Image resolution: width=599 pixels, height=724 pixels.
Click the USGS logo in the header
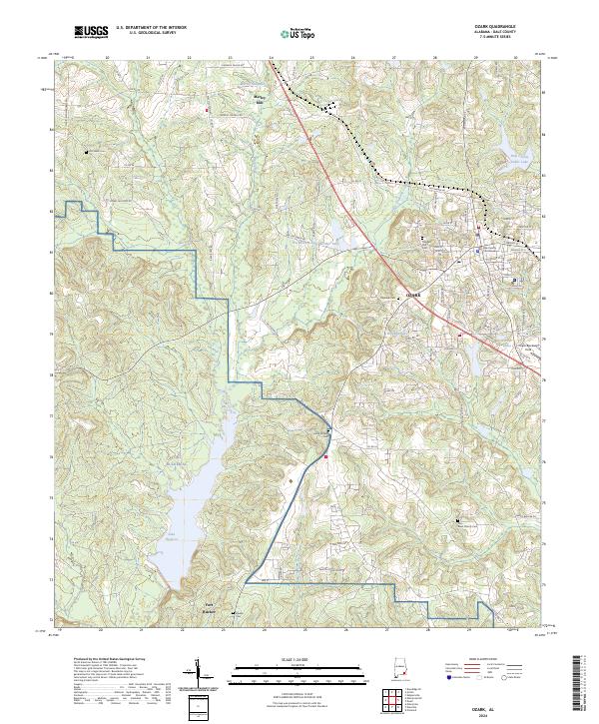91,32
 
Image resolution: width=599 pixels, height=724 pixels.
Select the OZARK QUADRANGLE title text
499,25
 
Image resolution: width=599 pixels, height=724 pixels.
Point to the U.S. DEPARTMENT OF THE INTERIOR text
150,26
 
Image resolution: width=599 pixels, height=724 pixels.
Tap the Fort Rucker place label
197,606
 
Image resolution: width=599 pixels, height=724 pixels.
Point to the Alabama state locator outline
398,671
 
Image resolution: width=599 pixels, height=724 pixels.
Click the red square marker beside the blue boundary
325,457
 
